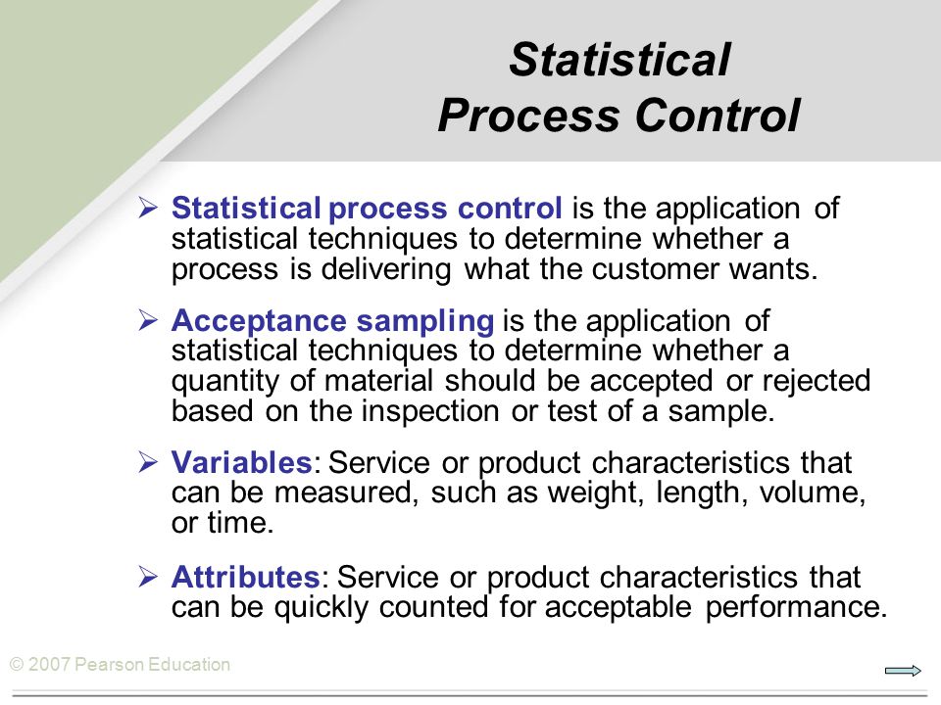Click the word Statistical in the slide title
pos(619,60)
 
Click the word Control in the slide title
pos(718,115)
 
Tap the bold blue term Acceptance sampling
pos(332,321)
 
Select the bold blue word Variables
pos(241,462)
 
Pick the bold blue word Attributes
pos(245,577)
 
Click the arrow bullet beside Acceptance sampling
pos(148,320)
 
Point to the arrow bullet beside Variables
pos(148,461)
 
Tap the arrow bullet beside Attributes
pos(148,576)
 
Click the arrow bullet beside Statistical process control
pos(148,208)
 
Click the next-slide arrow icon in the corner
pos(903,671)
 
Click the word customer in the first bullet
pos(656,268)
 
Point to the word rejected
pos(817,381)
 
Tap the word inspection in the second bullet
pos(430,411)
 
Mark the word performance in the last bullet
pos(796,607)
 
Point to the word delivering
pos(386,269)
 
